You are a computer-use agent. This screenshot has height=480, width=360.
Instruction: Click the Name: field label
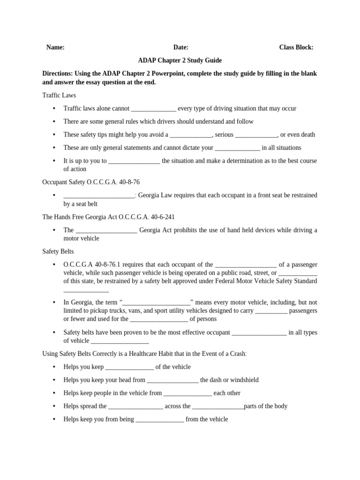[55, 47]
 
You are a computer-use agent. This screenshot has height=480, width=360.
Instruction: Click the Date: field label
[181, 47]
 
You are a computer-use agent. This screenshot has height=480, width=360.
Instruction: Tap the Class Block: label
[296, 47]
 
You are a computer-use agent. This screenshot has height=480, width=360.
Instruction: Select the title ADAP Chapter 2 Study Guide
[180, 60]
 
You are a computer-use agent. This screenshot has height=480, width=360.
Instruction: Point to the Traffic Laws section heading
[59, 95]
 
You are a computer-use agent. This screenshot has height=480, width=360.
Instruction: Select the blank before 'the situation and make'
[134, 161]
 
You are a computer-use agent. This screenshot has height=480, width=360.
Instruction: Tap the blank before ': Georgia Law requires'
[99, 196]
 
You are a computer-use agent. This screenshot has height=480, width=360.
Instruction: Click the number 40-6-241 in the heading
[162, 217]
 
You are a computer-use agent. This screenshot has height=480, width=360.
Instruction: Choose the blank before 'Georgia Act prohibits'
[106, 231]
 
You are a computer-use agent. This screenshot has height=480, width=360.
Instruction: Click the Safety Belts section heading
[58, 252]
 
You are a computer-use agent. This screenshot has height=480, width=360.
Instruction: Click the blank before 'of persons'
[159, 320]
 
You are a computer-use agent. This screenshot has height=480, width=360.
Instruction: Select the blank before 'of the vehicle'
[130, 367]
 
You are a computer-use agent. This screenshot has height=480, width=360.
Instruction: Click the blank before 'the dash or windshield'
[173, 381]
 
